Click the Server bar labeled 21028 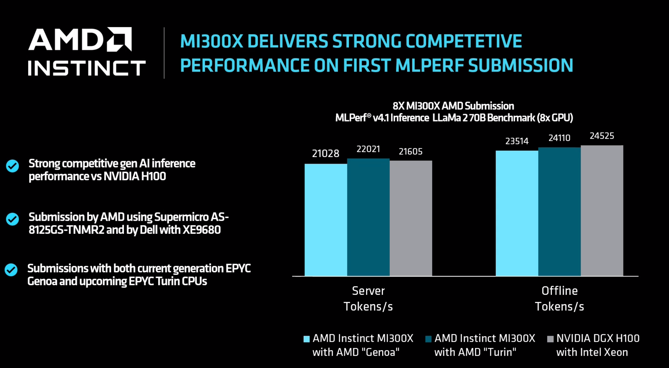pyautogui.click(x=326, y=220)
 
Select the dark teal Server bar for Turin pyautogui.click(x=368, y=217)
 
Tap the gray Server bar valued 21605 pyautogui.click(x=411, y=218)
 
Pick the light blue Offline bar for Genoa pyautogui.click(x=517, y=213)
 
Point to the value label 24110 pyautogui.click(x=560, y=138)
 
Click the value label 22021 pyautogui.click(x=368, y=149)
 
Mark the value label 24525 pyautogui.click(x=602, y=136)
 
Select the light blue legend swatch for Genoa pyautogui.click(x=306, y=339)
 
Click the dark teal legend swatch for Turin pyautogui.click(x=428, y=339)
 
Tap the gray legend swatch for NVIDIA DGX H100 pyautogui.click(x=550, y=339)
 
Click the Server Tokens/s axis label pyautogui.click(x=368, y=299)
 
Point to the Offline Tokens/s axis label pyautogui.click(x=560, y=299)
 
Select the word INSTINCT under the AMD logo pyautogui.click(x=87, y=68)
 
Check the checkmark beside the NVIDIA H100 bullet pyautogui.click(x=12, y=166)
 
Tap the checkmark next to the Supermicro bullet pyautogui.click(x=12, y=219)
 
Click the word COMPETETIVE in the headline pyautogui.click(x=464, y=41)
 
